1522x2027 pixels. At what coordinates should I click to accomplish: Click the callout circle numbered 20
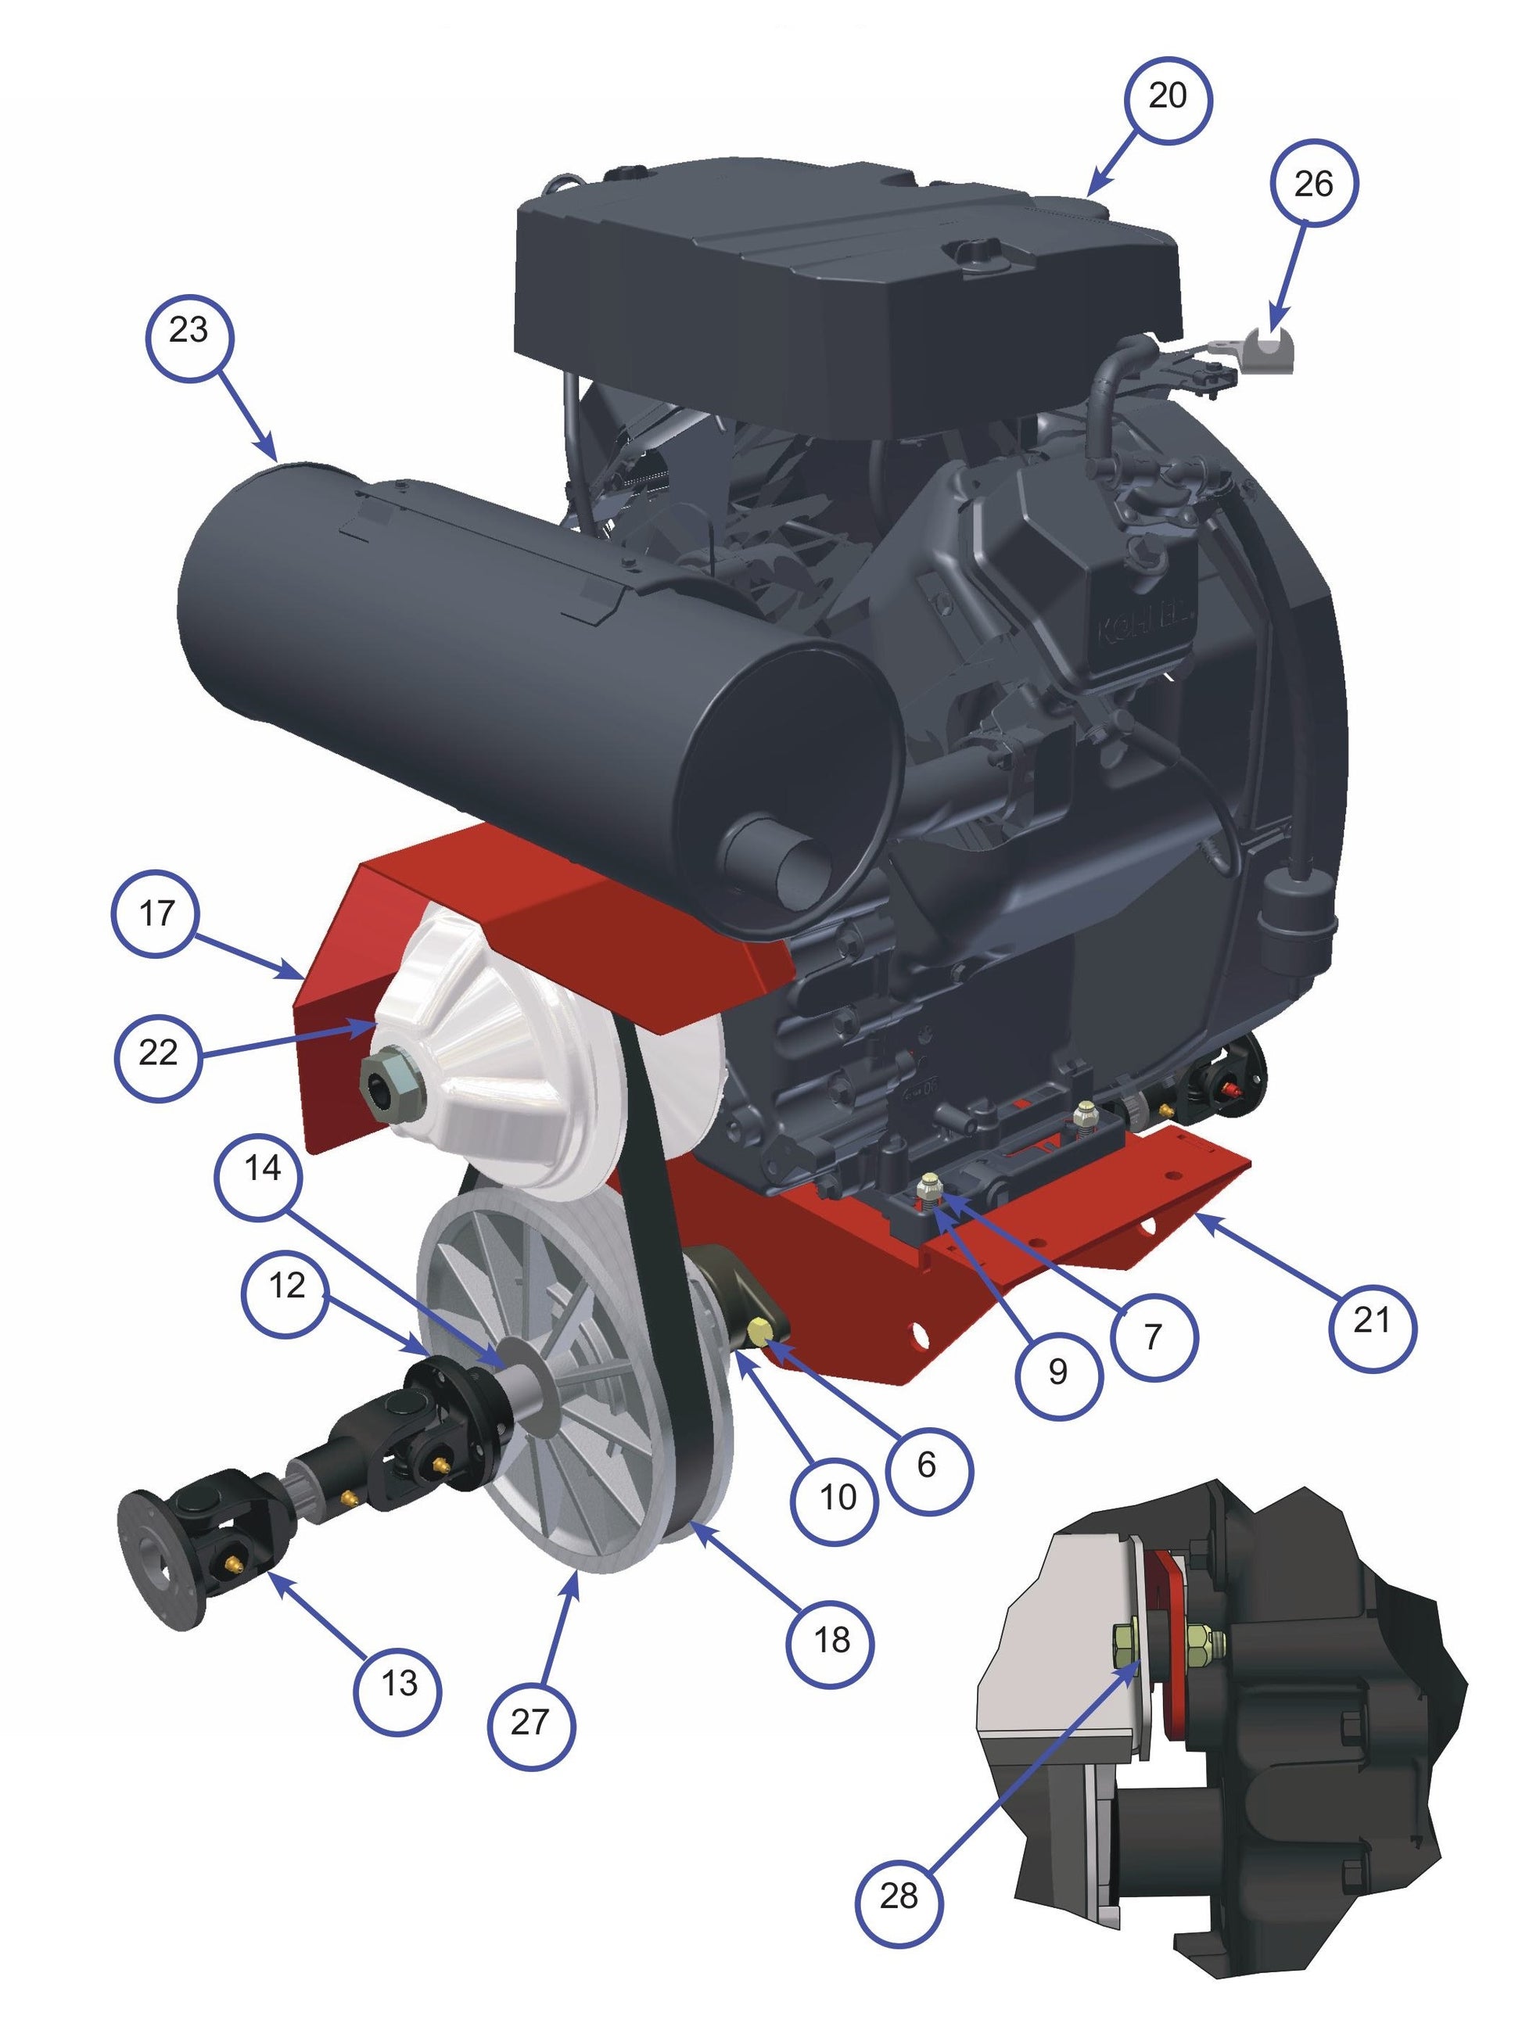[x=1165, y=96]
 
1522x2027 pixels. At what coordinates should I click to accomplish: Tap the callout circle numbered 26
[x=1313, y=185]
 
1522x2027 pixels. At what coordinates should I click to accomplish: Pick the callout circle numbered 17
[x=156, y=913]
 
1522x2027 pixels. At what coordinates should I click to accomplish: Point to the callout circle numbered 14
[x=262, y=1169]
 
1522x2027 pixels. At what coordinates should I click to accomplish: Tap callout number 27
[x=530, y=1722]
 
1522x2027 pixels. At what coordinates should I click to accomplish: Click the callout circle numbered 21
[x=1371, y=1321]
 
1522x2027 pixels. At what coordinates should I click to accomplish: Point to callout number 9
[x=1057, y=1372]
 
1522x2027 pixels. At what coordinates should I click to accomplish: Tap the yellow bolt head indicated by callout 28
[x=1123, y=1638]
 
